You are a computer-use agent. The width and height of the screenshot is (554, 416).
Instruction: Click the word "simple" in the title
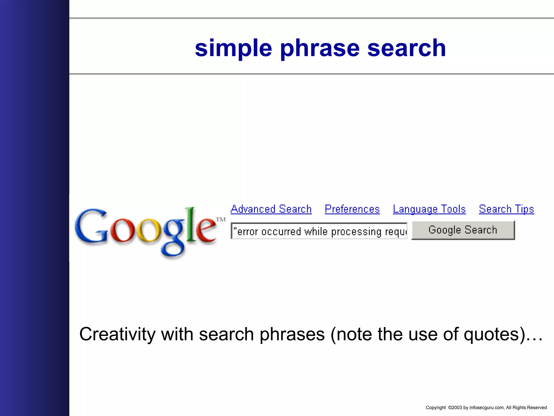[x=233, y=48]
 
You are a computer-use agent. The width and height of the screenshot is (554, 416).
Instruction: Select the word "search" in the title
[x=406, y=48]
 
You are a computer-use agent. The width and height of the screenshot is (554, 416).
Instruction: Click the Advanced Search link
[x=271, y=209]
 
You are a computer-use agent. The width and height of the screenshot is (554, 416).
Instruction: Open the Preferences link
[x=352, y=209]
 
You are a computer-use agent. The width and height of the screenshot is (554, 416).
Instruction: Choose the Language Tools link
[x=429, y=209]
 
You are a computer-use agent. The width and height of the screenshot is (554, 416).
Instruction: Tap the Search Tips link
[x=506, y=209]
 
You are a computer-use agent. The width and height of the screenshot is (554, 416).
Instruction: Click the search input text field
[x=319, y=231]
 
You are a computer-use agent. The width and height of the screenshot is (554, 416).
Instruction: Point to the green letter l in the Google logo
[x=191, y=225]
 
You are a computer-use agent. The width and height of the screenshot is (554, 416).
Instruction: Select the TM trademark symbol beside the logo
[x=221, y=219]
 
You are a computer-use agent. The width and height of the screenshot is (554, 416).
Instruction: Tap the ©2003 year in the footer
[x=455, y=408]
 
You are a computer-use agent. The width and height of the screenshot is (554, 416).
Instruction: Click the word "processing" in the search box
[x=356, y=232]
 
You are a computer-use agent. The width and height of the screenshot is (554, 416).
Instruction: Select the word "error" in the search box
[x=248, y=232]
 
